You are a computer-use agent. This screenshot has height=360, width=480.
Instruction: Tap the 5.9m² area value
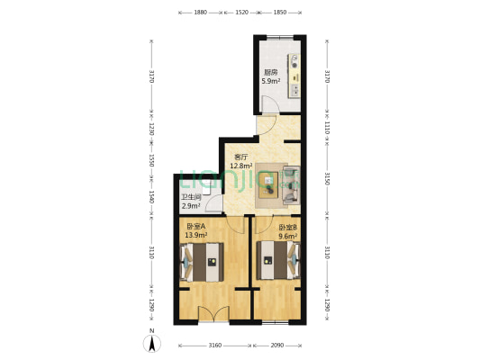click(270, 82)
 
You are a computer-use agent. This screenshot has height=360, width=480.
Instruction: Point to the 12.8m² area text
click(240, 166)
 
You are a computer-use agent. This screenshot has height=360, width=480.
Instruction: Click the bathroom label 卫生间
click(191, 197)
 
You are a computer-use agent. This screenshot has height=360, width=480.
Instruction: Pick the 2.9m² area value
click(191, 206)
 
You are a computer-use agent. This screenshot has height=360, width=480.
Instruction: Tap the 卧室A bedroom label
click(196, 227)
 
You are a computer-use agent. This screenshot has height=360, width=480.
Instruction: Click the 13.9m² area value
click(196, 236)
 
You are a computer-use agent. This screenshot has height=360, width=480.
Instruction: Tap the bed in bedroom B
click(275, 262)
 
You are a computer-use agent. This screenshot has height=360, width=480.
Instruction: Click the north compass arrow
click(152, 341)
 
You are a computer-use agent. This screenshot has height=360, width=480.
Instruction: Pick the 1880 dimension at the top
click(200, 13)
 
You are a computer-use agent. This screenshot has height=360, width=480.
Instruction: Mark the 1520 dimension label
click(241, 13)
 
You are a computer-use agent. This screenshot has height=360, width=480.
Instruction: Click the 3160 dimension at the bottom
click(214, 346)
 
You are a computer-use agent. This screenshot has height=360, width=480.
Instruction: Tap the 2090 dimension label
click(277, 346)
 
